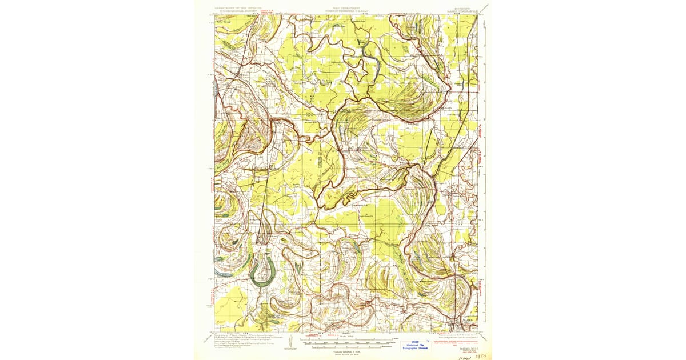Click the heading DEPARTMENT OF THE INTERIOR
[236, 8]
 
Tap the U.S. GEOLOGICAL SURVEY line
[236, 11]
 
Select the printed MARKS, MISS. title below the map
[462, 342]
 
